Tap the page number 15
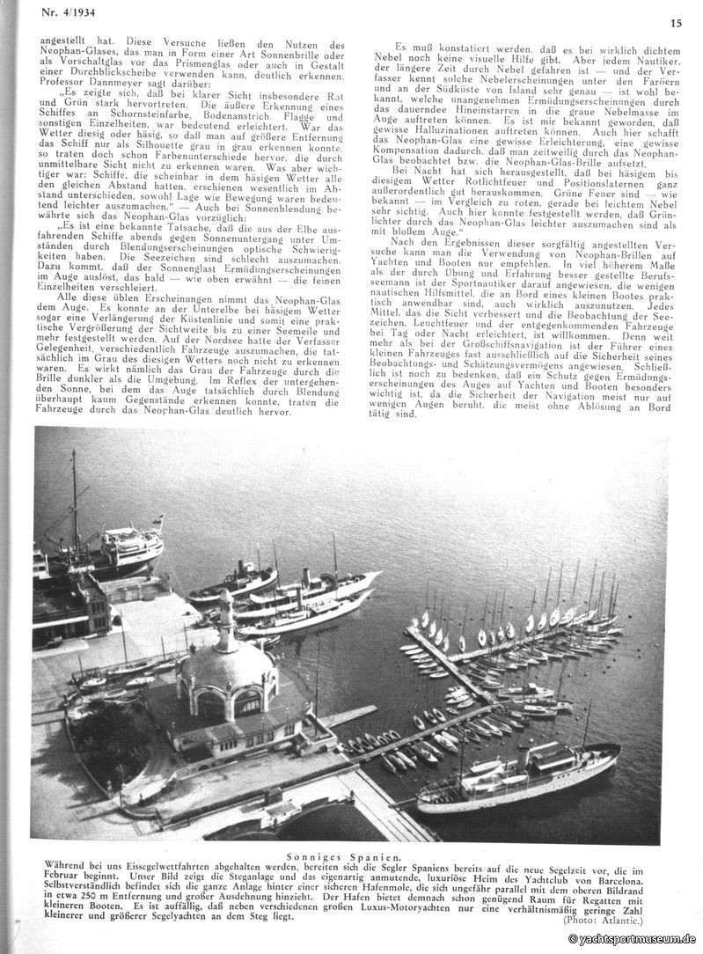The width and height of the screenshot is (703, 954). (676, 24)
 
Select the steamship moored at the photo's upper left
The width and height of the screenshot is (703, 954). (110, 551)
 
